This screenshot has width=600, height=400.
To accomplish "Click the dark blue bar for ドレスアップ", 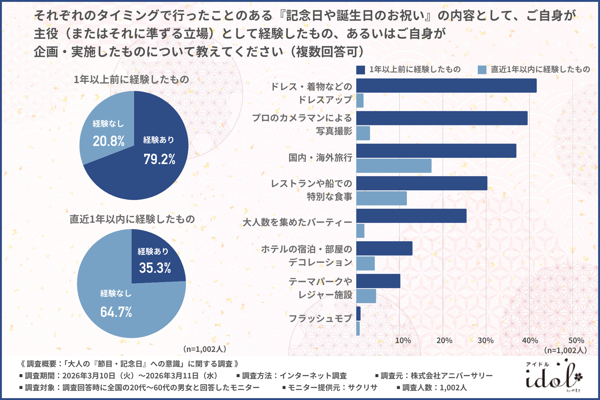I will (446, 86).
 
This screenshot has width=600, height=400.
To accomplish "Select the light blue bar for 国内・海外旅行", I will (394, 166).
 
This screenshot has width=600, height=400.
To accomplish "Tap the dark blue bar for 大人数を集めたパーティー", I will (411, 216).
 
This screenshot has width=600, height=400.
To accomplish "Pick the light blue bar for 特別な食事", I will (382, 198).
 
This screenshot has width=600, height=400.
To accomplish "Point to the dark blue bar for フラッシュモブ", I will (358, 313).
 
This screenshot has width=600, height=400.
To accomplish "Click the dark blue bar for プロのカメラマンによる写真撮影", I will (442, 118).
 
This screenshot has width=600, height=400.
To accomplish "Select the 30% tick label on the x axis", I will (486, 341).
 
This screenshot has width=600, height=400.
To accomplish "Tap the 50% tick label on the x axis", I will (576, 341).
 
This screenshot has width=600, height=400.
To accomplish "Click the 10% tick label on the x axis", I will (403, 341).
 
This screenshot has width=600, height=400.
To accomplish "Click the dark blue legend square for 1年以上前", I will (361, 70).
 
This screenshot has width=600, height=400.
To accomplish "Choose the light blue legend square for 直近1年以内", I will (482, 70).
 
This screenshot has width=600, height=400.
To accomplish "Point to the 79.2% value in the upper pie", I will (159, 159).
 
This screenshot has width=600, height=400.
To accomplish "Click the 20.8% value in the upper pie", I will (108, 141).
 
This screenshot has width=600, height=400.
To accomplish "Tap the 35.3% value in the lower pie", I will (155, 268).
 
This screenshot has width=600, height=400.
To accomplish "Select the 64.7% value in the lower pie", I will (116, 312).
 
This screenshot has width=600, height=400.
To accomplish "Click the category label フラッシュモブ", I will (320, 318).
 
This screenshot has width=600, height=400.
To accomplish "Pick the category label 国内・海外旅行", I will (320, 158).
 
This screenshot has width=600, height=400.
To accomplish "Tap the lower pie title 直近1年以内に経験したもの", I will (132, 219).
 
